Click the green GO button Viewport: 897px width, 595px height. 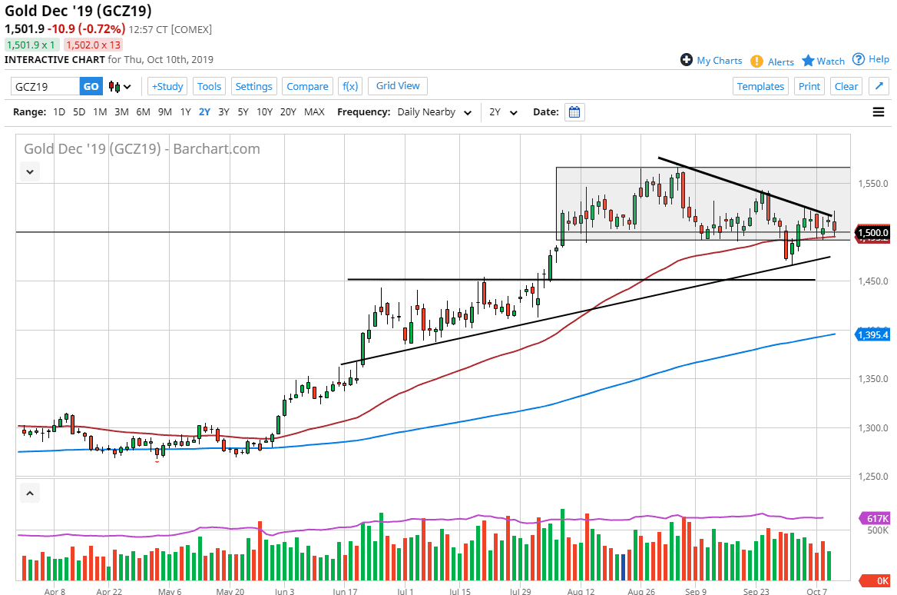[91, 86]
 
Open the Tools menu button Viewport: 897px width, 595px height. [209, 86]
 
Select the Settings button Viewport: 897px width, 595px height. [253, 86]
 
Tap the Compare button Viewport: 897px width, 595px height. [307, 86]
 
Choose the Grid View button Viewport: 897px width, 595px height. [398, 85]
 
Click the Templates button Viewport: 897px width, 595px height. [760, 86]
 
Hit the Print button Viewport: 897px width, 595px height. [809, 86]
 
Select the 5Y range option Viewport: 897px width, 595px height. [243, 112]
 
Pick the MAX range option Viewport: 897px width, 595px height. [314, 112]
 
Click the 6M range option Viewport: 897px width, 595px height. [143, 112]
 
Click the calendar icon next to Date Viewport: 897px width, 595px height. [574, 112]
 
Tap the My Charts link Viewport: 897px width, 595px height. [719, 61]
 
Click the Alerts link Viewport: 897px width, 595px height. [780, 61]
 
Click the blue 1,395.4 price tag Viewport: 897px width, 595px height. [873, 334]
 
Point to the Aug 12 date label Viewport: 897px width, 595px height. [581, 592]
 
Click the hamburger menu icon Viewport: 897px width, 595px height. [879, 112]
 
